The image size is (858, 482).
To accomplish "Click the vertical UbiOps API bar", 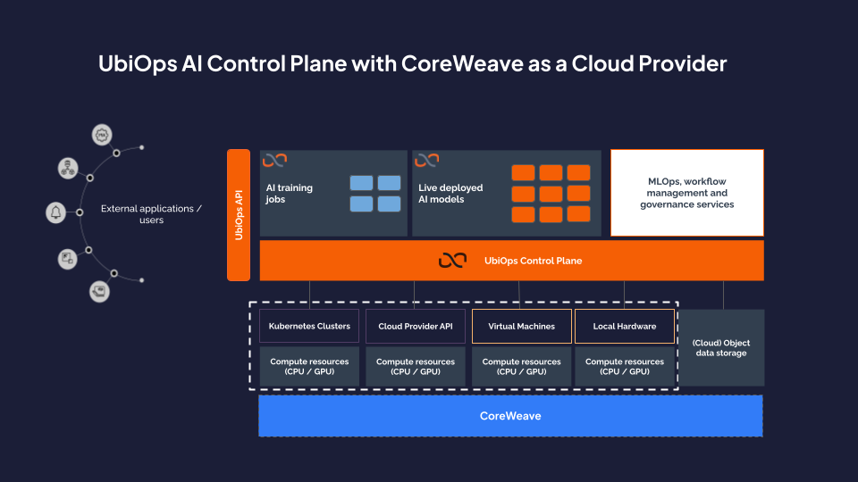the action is [x=239, y=215].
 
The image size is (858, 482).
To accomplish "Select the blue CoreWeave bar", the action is [x=510, y=416].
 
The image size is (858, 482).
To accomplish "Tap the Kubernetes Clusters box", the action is [x=309, y=327].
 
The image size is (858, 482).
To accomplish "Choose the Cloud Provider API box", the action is [x=416, y=327].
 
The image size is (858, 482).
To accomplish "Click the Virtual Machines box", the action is [x=521, y=327].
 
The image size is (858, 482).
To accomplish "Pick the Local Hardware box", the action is [x=625, y=327].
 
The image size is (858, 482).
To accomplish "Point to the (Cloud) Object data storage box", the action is [x=721, y=347].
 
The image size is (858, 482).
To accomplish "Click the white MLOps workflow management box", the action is [x=686, y=193].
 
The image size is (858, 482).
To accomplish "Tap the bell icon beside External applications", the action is [x=55, y=212].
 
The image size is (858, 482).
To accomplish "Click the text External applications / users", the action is [x=151, y=214].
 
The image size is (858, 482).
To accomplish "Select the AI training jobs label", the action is [x=289, y=194].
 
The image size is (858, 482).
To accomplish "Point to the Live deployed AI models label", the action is [x=450, y=194].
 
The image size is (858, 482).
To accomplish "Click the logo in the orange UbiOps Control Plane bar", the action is [x=452, y=261].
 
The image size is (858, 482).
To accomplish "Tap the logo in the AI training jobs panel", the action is [x=274, y=160].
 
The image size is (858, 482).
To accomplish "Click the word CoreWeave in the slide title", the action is [x=462, y=63].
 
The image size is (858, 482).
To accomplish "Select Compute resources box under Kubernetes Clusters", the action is [x=309, y=366].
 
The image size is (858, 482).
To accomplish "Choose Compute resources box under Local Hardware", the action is [x=625, y=366].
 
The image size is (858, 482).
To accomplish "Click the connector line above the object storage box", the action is [x=723, y=295].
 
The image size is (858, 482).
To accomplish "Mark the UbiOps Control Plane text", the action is [x=533, y=261].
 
